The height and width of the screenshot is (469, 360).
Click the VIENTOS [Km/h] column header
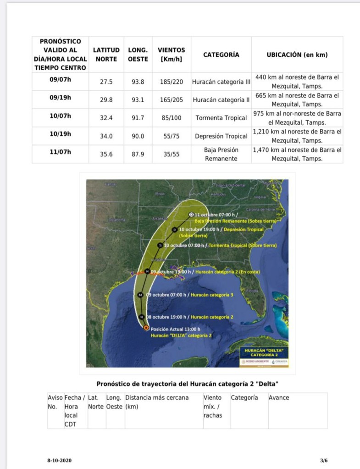point(172,55)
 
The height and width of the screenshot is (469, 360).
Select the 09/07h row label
point(61,79)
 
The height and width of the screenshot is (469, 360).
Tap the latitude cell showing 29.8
point(106,99)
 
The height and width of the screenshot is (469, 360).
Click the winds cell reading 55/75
point(172,136)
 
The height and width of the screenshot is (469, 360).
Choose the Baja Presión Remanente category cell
point(221,154)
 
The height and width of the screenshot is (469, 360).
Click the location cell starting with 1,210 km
point(297,136)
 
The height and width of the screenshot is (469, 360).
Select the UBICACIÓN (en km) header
point(297,55)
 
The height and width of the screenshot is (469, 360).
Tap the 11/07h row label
point(61,152)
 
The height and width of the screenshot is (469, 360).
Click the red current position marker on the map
point(146,328)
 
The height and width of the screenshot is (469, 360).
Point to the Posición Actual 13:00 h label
point(176,329)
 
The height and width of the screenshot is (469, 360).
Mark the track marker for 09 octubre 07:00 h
point(141,295)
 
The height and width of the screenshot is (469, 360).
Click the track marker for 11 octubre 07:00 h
point(191,215)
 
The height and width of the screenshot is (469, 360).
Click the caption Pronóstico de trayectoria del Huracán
point(188,383)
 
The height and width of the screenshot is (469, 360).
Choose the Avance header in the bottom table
point(279,397)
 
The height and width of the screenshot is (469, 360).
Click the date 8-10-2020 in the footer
point(59,460)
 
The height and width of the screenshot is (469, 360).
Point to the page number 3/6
point(324,460)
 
